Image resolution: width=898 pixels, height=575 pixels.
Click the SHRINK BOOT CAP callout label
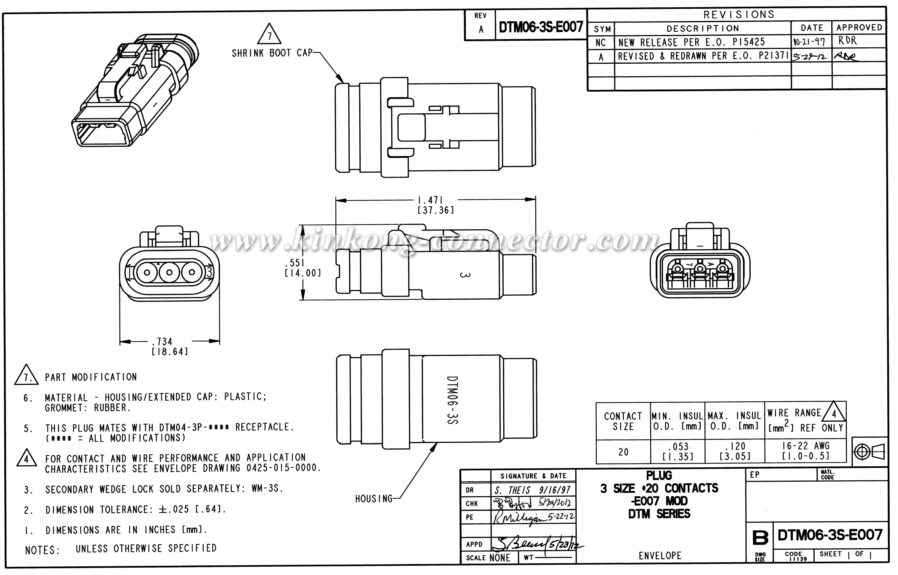pos(272,53)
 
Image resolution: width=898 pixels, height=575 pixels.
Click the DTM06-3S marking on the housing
pos(452,399)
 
